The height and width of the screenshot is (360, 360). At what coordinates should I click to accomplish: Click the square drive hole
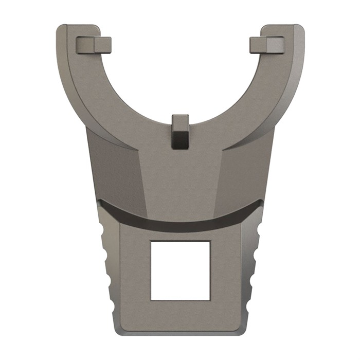coord(180,270)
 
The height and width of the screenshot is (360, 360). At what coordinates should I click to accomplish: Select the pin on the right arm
coord(266,45)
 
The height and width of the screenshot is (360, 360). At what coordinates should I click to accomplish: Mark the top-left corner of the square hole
coord(151,240)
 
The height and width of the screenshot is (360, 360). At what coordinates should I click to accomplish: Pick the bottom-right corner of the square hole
coord(210,300)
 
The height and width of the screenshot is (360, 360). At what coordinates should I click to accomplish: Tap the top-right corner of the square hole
coord(210,240)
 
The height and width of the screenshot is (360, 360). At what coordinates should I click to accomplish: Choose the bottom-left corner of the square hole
coord(151,300)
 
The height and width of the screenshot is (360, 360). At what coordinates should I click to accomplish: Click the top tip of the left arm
coord(77,26)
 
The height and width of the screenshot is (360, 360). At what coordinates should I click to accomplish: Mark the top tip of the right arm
coord(283,26)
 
